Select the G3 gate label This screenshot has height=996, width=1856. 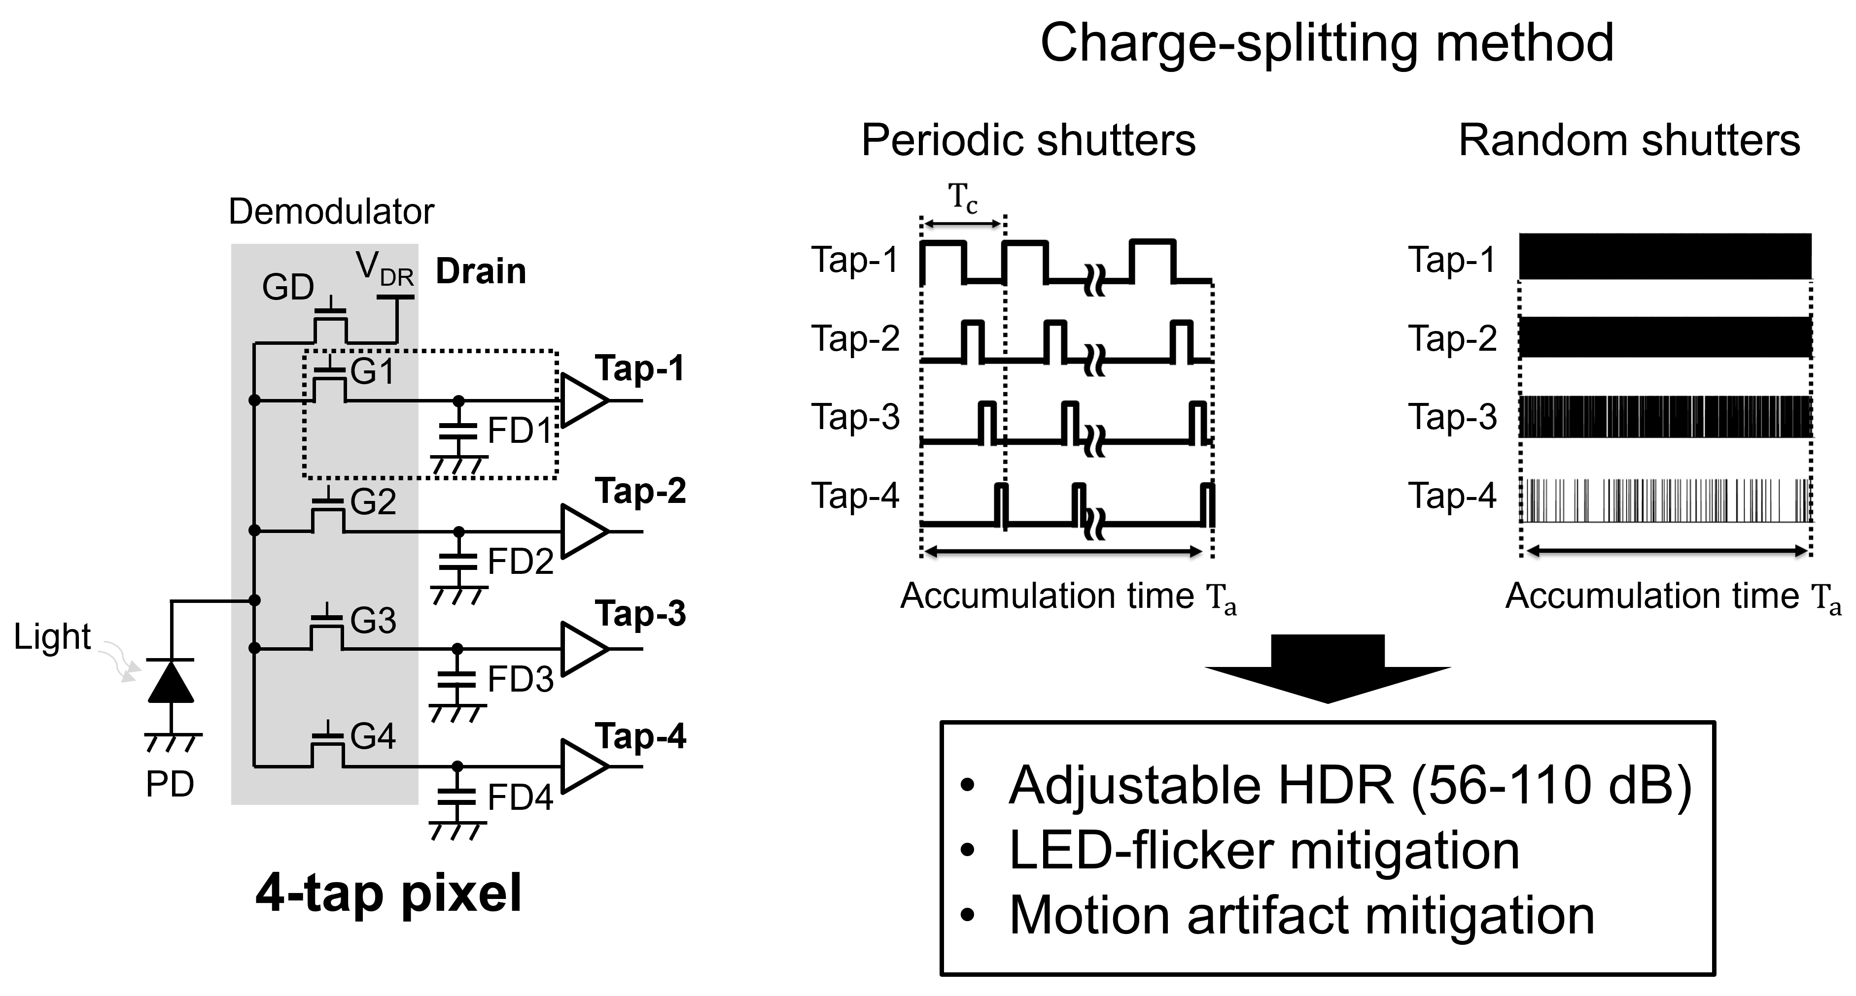coord(373,621)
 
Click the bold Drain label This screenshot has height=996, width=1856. coord(481,271)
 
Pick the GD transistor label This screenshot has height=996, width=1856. coord(287,287)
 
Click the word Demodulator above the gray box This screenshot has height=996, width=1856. coord(331,212)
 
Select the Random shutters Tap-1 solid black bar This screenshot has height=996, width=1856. coord(1664,256)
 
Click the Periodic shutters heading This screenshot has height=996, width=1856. coord(1028,140)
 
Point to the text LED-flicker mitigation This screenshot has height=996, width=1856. coord(1264,851)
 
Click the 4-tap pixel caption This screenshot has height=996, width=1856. coord(388,893)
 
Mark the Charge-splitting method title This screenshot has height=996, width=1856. coord(1327,43)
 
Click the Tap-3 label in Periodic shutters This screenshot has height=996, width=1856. coord(855,417)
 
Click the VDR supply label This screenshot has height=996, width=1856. coord(385,269)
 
